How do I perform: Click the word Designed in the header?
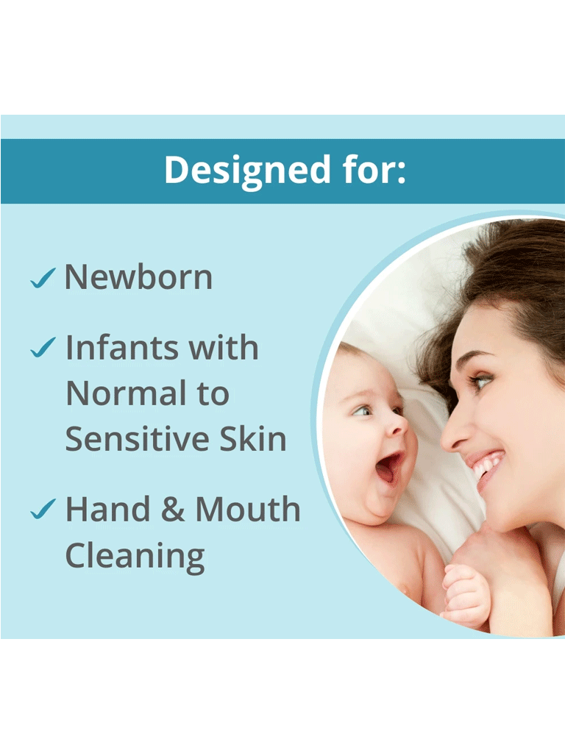(x=247, y=171)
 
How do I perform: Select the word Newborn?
(x=138, y=277)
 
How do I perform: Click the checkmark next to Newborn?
(x=43, y=279)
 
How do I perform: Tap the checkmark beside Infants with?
(x=43, y=348)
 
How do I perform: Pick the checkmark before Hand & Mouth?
(x=43, y=510)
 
